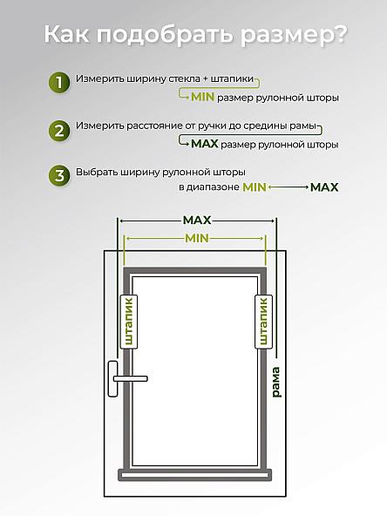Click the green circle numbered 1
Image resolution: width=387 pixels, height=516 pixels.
59,82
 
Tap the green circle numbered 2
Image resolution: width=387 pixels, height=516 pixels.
59,131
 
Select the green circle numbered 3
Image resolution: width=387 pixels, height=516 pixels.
59,175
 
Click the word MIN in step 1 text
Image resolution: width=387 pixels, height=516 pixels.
203,97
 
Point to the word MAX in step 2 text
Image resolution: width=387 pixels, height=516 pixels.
205,144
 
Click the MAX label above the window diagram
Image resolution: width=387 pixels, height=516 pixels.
197,221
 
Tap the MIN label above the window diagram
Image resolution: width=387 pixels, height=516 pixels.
197,238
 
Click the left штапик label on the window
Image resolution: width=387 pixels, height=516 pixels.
129,322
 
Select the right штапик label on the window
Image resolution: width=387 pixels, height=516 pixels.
263,322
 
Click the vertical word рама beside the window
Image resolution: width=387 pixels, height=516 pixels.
275,383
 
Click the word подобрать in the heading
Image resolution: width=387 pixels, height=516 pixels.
165,34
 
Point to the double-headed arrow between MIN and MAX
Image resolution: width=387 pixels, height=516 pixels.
288,187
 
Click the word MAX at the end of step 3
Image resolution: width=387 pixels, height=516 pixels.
324,187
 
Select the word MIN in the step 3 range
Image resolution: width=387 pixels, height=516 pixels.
254,187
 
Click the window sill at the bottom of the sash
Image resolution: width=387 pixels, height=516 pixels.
195,475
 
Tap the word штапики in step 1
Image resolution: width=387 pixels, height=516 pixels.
233,79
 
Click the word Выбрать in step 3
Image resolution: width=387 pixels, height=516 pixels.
97,172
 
